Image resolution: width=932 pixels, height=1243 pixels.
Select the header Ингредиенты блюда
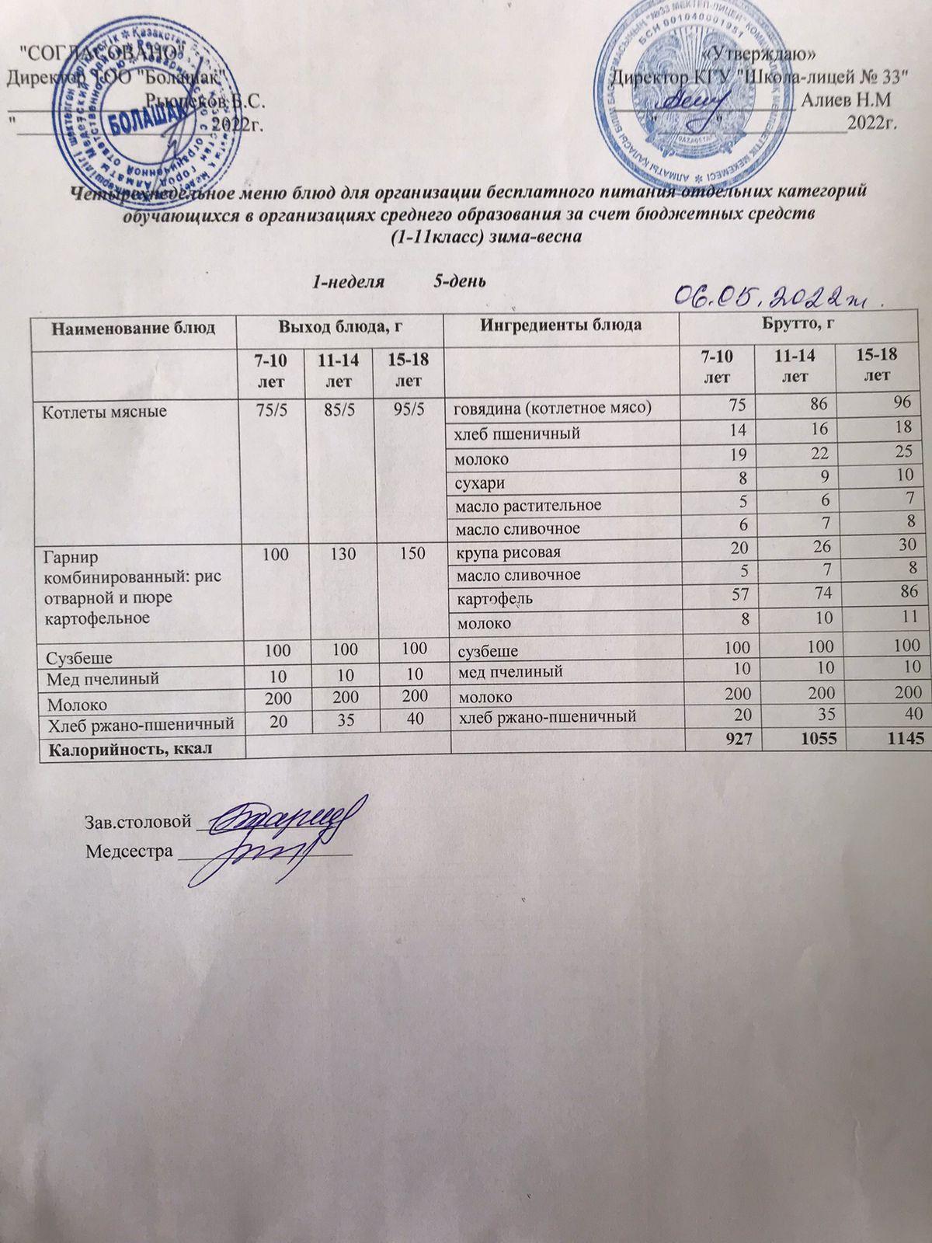pyautogui.click(x=560, y=324)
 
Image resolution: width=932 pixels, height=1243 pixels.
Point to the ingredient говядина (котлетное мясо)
pyautogui.click(x=552, y=408)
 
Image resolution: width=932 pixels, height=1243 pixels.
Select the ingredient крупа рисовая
pyautogui.click(x=508, y=552)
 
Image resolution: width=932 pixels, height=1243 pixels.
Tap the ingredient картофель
pyautogui.click(x=494, y=599)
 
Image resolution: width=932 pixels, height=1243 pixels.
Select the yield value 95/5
pyautogui.click(x=408, y=408)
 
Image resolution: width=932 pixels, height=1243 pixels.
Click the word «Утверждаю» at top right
pyautogui.click(x=757, y=54)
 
